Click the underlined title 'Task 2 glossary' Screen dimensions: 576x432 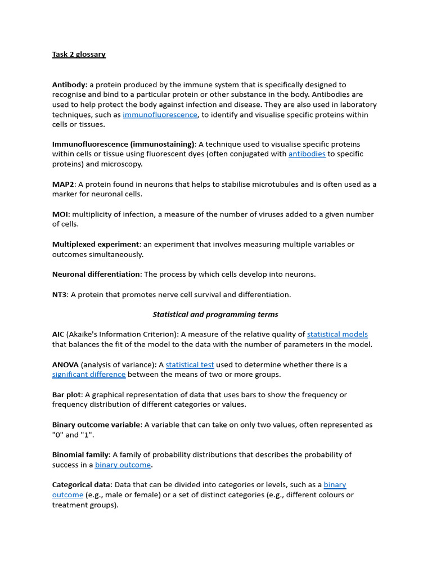tap(79, 55)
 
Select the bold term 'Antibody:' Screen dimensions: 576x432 tap(70, 85)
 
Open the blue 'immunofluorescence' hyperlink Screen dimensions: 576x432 tap(160, 115)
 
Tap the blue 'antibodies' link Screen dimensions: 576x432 tap(307, 154)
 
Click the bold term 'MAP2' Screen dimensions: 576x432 tap(63, 184)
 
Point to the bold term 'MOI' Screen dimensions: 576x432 tap(61, 214)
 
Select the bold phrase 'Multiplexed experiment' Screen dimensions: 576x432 tap(95, 245)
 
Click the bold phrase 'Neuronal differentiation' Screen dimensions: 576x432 tap(96, 274)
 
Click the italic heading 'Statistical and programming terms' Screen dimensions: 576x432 tap(215, 314)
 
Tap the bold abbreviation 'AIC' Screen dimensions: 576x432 tap(58, 335)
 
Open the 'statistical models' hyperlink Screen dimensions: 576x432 tap(337, 335)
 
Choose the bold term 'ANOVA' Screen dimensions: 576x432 tap(65, 365)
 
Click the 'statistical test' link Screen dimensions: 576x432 tap(190, 365)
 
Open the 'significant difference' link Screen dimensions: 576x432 tap(89, 375)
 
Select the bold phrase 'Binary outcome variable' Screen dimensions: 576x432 tap(96, 425)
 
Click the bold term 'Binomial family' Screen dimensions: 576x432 tap(81, 455)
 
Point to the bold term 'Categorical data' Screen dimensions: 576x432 tap(82, 485)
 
